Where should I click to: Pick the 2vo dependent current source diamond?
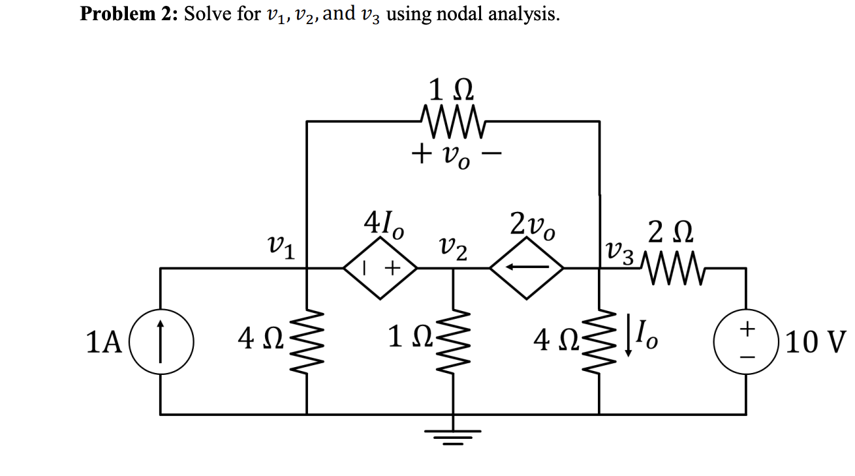[527, 267]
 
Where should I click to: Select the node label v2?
[453, 248]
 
